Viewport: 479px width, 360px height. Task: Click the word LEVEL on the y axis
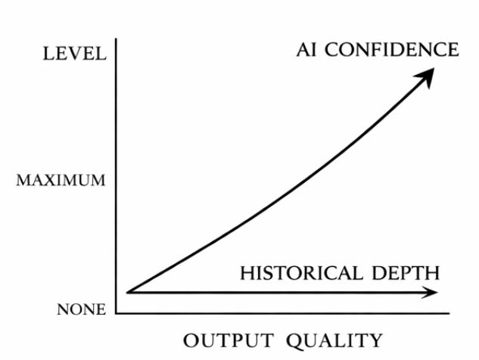click(x=73, y=54)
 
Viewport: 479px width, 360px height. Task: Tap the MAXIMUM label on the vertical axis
click(x=61, y=182)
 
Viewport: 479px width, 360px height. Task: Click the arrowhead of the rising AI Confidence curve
click(x=429, y=73)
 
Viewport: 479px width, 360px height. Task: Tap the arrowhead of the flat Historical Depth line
click(x=433, y=292)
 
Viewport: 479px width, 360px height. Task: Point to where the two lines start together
click(x=129, y=291)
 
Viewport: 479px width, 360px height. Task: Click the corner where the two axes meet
click(x=117, y=312)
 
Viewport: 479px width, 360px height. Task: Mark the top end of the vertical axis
click(x=117, y=39)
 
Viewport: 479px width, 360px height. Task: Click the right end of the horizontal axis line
click(x=449, y=312)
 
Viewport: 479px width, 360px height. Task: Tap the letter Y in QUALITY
click(x=375, y=340)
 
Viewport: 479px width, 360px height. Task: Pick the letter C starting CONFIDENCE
click(x=334, y=51)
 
